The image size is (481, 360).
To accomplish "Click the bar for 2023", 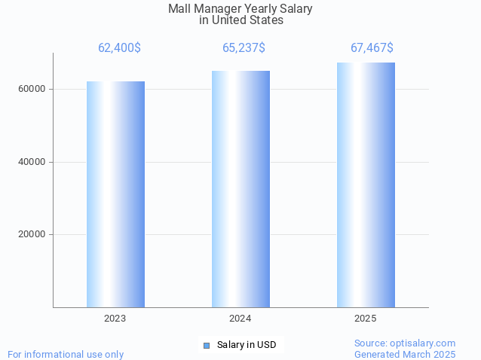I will coord(115,194).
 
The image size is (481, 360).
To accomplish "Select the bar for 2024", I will coord(240,188).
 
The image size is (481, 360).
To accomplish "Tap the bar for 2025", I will coord(366,185).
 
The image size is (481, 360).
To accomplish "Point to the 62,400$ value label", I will coord(119,48).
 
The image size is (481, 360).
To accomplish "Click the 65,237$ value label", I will coord(244,48).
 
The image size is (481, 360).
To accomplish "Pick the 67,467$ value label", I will coord(372,48).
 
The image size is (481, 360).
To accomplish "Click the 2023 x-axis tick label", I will coord(115,319).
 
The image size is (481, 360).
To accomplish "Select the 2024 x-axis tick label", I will coord(240,319).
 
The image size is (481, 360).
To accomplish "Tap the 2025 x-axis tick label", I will coord(366,319).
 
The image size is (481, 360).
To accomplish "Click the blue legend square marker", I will coord(206,345).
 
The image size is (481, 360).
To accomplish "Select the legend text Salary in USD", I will coord(247,345).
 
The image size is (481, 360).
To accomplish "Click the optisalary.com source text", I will coord(405,343).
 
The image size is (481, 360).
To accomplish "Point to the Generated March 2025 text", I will coord(405,354).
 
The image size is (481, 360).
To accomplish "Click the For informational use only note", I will coord(66,354).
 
